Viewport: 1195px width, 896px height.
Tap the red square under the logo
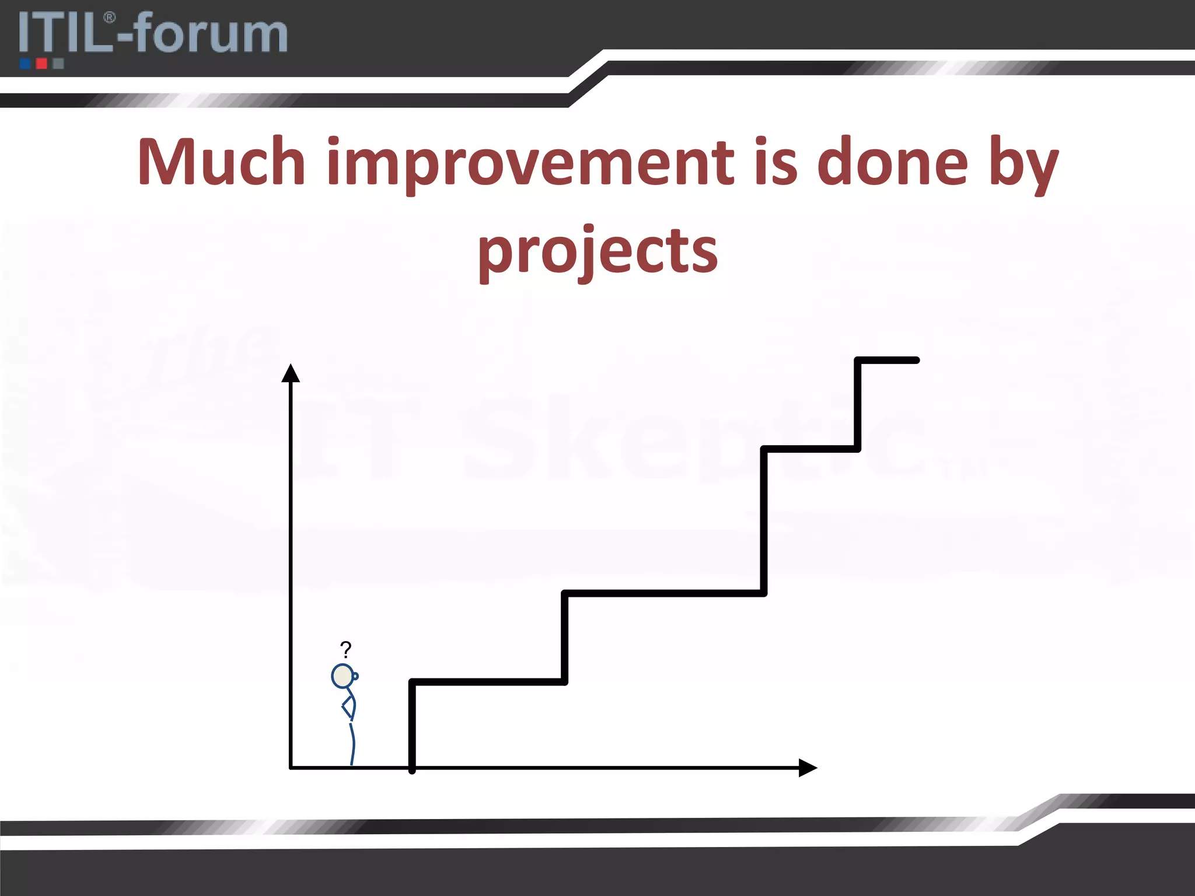click(41, 64)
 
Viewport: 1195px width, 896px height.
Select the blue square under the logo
click(25, 64)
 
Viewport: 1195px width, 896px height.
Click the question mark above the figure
click(345, 649)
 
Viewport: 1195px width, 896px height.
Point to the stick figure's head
click(343, 676)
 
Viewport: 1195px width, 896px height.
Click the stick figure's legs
click(352, 744)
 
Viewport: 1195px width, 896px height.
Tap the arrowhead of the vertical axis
click(291, 373)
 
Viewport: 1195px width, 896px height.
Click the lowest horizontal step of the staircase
click(488, 681)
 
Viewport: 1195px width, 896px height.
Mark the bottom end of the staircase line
click(412, 770)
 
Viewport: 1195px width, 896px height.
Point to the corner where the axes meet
click(291, 768)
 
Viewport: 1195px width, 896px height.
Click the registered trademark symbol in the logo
click(109, 17)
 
